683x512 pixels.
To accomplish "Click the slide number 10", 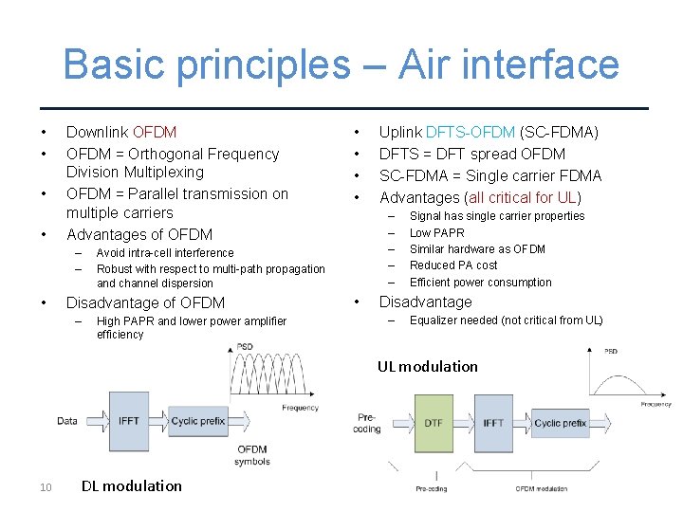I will pyautogui.click(x=46, y=487).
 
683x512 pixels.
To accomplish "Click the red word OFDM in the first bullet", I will pyautogui.click(x=155, y=132).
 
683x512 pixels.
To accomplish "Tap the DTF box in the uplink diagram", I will pyautogui.click(x=434, y=424).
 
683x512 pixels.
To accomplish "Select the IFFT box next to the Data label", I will pyautogui.click(x=129, y=421).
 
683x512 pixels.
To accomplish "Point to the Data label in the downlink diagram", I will pyautogui.click(x=67, y=421).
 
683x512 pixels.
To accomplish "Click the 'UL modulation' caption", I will pyautogui.click(x=427, y=366).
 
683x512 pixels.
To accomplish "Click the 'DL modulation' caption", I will pyautogui.click(x=131, y=485).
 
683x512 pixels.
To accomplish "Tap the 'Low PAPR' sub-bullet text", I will pyautogui.click(x=436, y=232).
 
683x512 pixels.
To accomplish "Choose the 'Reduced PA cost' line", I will pyautogui.click(x=453, y=265).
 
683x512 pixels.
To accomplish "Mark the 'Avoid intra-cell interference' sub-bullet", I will pyautogui.click(x=165, y=253).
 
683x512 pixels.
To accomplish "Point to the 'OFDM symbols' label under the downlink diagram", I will pyautogui.click(x=252, y=455).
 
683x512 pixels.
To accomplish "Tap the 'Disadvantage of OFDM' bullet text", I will pyautogui.click(x=145, y=302).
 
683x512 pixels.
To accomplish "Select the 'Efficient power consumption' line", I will pyautogui.click(x=480, y=283).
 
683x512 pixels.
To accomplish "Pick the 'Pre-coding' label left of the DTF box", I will pyautogui.click(x=367, y=422).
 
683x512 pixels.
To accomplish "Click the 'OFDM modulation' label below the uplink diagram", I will pyautogui.click(x=542, y=488).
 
